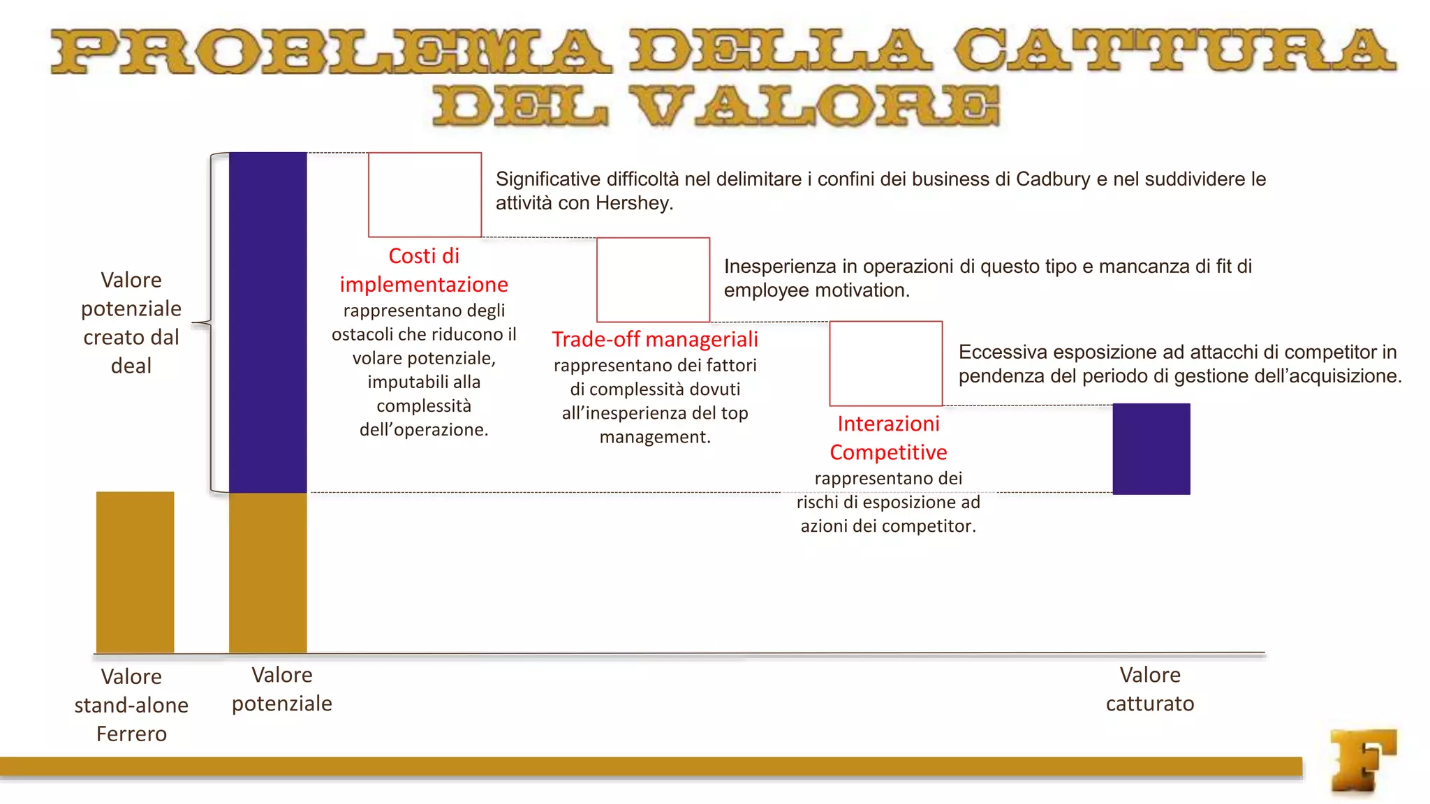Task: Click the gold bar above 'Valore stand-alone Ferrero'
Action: [x=135, y=572]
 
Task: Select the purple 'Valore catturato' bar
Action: [x=1151, y=449]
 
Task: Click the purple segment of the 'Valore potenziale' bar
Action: [x=267, y=322]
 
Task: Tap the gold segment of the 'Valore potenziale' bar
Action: [x=267, y=572]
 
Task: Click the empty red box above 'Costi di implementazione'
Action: [x=425, y=195]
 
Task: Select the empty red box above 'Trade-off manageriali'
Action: [x=653, y=279]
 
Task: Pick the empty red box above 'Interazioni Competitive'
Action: [x=885, y=363]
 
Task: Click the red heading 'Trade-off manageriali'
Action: [x=654, y=339]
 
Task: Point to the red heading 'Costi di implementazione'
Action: [x=424, y=270]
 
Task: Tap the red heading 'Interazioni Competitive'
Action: [x=888, y=438]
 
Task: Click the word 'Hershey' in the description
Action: [x=633, y=203]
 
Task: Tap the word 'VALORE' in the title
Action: [x=816, y=107]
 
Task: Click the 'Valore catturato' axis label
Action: [x=1149, y=689]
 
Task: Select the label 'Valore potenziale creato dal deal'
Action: [x=131, y=322]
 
